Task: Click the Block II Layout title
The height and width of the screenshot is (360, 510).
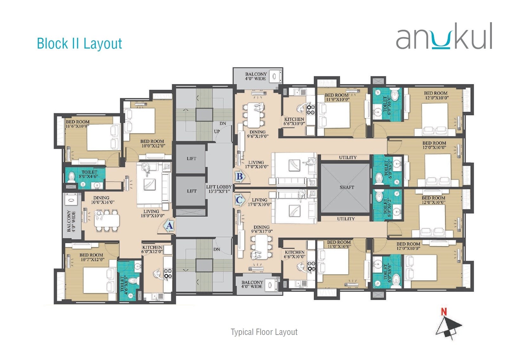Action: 79,43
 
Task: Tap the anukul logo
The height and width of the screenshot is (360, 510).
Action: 444,36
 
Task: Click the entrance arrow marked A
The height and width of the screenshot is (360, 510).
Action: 169,226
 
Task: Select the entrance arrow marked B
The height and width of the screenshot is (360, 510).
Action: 239,176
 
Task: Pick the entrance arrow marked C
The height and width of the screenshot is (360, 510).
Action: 239,200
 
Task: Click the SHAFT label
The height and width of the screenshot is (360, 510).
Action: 347,187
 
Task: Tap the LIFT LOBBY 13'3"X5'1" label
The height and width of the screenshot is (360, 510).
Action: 219,189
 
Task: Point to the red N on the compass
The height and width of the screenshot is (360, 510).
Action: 444,312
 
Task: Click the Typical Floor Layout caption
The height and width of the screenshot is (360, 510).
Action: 264,332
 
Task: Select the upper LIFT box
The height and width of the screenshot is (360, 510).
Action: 191,159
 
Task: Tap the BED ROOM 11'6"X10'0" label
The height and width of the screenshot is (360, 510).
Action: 78,124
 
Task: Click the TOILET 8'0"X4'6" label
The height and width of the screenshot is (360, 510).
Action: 89,174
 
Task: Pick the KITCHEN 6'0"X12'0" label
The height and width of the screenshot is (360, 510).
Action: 152,249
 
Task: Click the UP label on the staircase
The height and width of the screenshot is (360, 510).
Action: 217,131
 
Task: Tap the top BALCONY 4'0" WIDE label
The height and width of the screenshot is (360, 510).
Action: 256,76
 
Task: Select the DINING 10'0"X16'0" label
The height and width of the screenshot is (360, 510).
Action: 102,200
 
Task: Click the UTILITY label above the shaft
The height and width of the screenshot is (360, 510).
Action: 348,157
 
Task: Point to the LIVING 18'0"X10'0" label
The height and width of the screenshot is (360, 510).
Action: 152,213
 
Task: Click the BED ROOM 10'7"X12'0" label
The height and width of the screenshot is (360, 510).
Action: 91,257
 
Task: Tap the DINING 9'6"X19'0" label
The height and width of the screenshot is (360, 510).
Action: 258,134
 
